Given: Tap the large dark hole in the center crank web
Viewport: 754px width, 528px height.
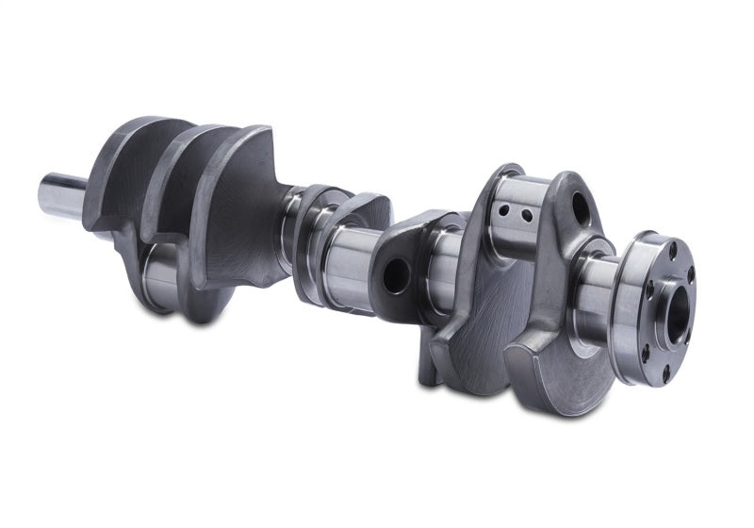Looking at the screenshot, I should pos(395,274).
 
